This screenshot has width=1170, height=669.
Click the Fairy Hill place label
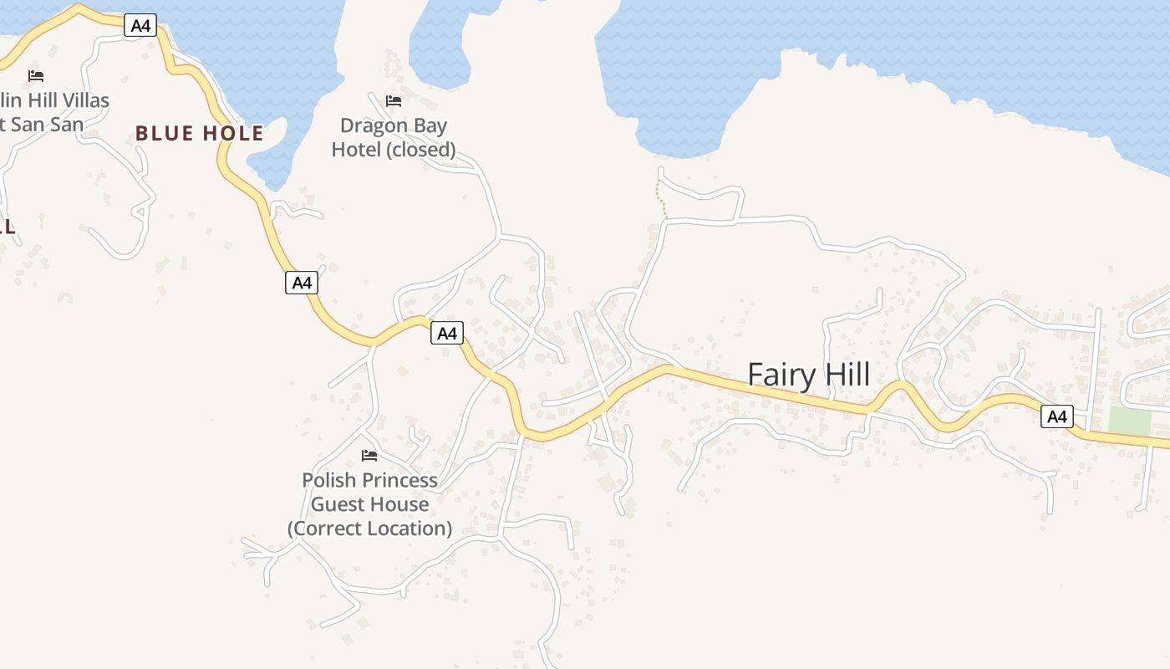click(808, 375)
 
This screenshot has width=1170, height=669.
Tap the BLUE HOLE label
click(199, 134)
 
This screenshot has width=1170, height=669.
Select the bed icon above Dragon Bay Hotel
click(394, 101)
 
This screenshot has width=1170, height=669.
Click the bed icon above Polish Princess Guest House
click(369, 456)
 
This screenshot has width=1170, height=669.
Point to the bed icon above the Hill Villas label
click(36, 76)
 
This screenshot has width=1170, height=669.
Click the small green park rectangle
click(1129, 421)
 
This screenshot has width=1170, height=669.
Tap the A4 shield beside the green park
click(1056, 416)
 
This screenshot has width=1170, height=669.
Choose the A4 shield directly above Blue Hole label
click(140, 26)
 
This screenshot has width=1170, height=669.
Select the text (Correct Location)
click(369, 529)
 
